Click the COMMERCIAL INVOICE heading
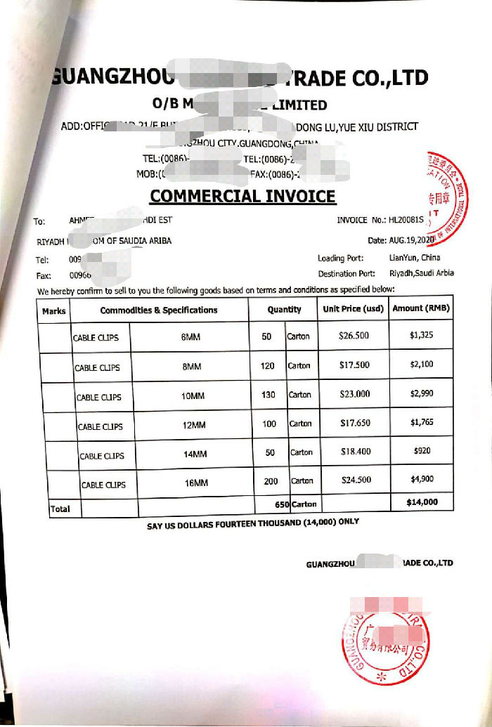coord(243,195)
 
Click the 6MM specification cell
coord(190,337)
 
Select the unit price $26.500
coord(354,336)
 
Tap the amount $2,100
coord(422,364)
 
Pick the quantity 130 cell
coord(268,395)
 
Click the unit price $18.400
coord(355,452)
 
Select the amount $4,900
coord(422,479)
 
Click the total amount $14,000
coord(422,502)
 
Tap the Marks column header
coord(54,310)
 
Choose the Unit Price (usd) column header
coord(353,308)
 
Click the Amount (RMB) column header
coord(421,308)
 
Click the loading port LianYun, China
coord(415,258)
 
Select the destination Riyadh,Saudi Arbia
coord(421,273)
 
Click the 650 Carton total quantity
coord(295,504)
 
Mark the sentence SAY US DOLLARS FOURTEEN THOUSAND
coord(252,522)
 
